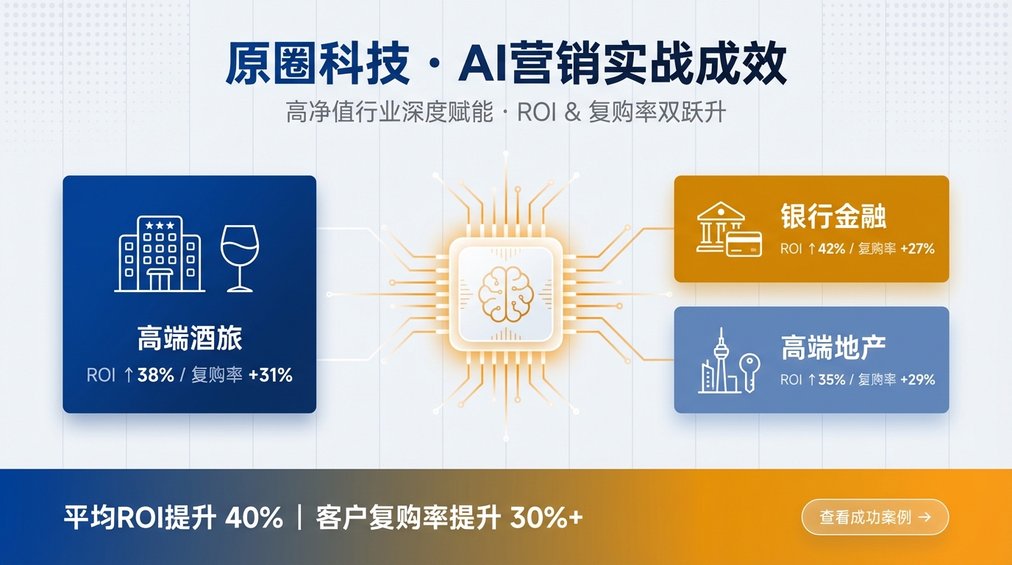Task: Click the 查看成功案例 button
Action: tap(874, 517)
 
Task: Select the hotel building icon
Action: tap(159, 255)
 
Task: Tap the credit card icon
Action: tap(744, 244)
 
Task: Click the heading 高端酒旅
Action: tap(190, 339)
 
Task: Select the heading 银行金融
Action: tap(833, 217)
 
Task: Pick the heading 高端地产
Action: tap(833, 348)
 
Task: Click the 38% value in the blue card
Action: tap(155, 375)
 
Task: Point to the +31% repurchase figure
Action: tap(271, 375)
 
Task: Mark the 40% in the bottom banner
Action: tap(254, 518)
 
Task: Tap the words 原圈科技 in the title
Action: tap(317, 65)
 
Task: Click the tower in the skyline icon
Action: tap(722, 357)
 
